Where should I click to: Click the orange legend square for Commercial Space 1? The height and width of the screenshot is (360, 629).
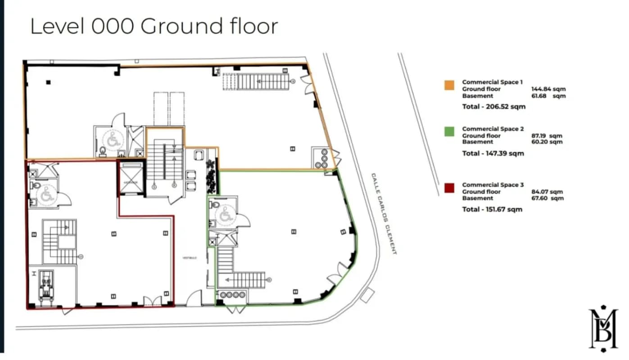click(449, 85)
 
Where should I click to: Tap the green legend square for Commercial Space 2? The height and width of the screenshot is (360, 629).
click(449, 132)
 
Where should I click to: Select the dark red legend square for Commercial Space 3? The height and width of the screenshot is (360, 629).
click(449, 188)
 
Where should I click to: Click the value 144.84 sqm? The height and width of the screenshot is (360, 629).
click(548, 89)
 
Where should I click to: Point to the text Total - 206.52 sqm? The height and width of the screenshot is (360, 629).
click(493, 107)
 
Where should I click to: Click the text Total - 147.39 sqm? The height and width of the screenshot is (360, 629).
click(493, 153)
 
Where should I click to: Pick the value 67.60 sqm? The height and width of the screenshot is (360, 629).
click(547, 198)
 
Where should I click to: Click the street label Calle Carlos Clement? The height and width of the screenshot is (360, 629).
click(384, 213)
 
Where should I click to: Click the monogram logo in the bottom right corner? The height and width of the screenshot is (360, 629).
click(603, 329)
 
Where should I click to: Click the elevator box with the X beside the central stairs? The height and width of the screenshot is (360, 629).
click(131, 177)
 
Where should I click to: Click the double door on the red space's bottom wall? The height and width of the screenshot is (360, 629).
click(151, 301)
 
